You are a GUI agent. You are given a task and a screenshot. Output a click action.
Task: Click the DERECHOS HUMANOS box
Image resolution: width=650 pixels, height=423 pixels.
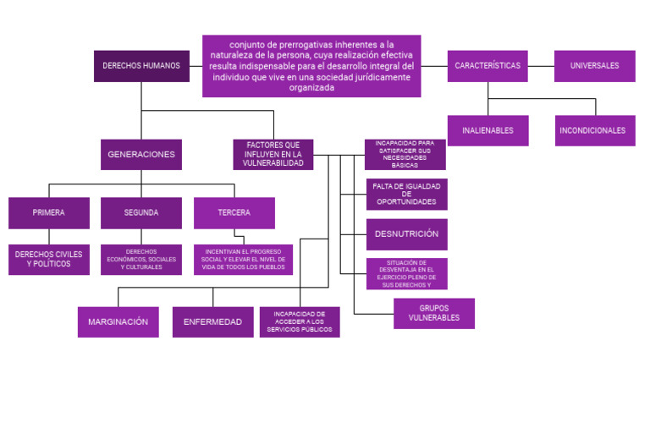142,66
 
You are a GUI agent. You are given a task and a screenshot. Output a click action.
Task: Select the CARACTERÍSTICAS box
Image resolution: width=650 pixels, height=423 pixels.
487,66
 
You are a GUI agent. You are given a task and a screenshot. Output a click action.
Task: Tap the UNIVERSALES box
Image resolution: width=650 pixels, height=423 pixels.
594,66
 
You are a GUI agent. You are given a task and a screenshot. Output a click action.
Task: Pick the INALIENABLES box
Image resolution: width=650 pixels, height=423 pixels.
487,130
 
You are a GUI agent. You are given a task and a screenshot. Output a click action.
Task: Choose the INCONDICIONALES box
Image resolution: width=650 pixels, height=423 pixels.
595,130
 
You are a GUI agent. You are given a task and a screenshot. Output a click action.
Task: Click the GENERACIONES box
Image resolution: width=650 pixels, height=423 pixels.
141,155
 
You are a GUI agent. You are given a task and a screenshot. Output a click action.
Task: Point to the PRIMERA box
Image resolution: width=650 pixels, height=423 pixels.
49,213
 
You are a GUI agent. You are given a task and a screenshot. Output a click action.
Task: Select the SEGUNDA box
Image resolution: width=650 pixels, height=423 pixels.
141,213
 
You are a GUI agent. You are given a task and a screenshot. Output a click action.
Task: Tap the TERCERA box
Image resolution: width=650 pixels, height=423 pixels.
234,213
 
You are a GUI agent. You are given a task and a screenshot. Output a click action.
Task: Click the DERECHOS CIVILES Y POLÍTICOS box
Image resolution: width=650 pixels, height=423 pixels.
49,260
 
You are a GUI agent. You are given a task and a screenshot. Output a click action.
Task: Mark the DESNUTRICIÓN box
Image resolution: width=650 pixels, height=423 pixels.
406,234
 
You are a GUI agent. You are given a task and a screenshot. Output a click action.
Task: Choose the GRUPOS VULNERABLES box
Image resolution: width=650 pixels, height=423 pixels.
434,314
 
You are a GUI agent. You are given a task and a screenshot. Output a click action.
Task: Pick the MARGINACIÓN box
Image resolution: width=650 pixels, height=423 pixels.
118,322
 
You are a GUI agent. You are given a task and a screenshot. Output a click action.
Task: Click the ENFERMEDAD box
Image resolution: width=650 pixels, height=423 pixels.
213,322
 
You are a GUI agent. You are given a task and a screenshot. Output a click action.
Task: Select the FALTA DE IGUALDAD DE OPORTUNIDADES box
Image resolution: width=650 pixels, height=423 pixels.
406,195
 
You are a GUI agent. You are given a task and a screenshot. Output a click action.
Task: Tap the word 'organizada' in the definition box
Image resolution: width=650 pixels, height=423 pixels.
311,87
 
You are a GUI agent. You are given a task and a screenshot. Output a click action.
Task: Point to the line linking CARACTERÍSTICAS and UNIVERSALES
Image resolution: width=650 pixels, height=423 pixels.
541,66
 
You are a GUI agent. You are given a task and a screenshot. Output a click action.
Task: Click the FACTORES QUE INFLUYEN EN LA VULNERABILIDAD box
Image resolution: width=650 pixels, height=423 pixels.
273,155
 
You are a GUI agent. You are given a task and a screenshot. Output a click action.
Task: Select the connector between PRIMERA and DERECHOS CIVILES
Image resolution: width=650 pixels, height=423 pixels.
49,237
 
